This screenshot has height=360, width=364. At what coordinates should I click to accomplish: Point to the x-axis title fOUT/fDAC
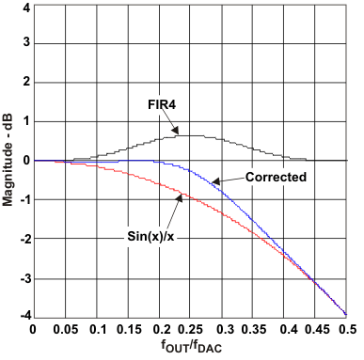[x=190, y=348]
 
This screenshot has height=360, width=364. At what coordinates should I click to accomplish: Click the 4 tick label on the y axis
[x=24, y=7]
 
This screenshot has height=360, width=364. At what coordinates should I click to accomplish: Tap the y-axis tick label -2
[x=22, y=239]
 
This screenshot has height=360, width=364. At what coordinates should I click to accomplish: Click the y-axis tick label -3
[x=22, y=278]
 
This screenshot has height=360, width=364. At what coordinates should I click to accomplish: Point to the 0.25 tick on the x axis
[x=191, y=330]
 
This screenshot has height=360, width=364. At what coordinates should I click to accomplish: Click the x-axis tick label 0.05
[x=65, y=330]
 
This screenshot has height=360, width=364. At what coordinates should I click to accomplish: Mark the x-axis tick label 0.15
[x=128, y=330]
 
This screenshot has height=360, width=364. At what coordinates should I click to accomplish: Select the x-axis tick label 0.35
[x=253, y=330]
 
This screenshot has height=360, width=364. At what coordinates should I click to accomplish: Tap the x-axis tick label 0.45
[x=316, y=330]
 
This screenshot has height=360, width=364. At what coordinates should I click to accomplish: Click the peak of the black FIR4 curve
[x=191, y=135]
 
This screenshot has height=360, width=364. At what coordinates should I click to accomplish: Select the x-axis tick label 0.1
[x=96, y=330]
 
